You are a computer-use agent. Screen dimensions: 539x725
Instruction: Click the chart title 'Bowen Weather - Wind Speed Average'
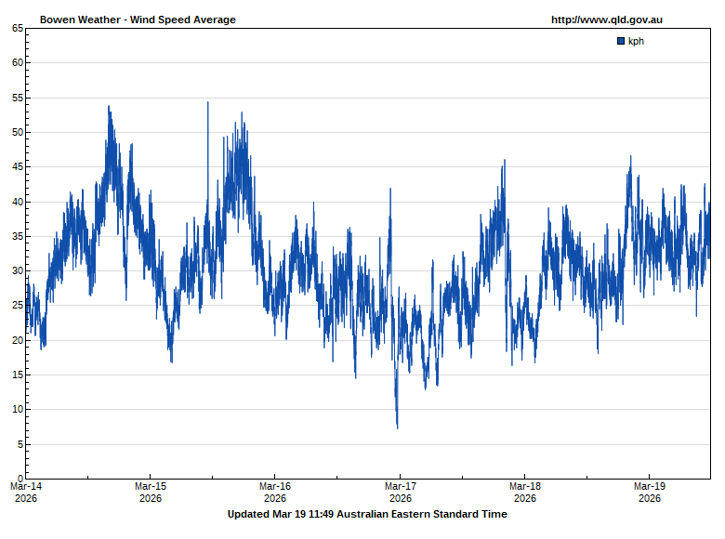click(x=138, y=20)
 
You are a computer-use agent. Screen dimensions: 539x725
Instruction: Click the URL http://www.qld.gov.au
click(x=606, y=20)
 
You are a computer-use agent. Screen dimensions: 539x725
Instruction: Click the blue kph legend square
click(x=621, y=41)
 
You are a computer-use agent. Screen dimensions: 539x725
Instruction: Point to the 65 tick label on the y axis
click(x=18, y=28)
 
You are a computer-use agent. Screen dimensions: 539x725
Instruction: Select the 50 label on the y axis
click(x=18, y=132)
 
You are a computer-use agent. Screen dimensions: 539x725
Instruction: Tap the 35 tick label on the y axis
click(x=18, y=236)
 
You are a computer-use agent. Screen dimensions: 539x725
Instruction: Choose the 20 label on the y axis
click(x=18, y=340)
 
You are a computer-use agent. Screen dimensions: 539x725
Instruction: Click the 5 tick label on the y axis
click(x=20, y=444)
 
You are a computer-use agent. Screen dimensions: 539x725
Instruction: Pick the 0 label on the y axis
click(x=20, y=479)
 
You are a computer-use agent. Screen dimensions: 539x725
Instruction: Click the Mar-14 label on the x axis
click(x=26, y=486)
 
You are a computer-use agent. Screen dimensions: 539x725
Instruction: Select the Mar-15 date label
click(x=151, y=486)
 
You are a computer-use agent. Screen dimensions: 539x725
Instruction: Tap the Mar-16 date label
click(x=275, y=486)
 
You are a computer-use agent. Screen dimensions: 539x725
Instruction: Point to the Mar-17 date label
click(x=400, y=486)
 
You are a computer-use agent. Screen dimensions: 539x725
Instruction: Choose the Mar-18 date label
click(x=525, y=486)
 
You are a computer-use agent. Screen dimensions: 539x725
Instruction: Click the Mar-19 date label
click(x=650, y=486)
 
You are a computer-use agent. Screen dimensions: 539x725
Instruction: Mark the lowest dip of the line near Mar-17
click(x=398, y=427)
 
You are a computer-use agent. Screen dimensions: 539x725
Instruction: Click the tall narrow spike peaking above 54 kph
click(x=208, y=103)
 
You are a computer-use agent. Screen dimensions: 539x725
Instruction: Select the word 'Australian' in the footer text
click(x=367, y=514)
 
